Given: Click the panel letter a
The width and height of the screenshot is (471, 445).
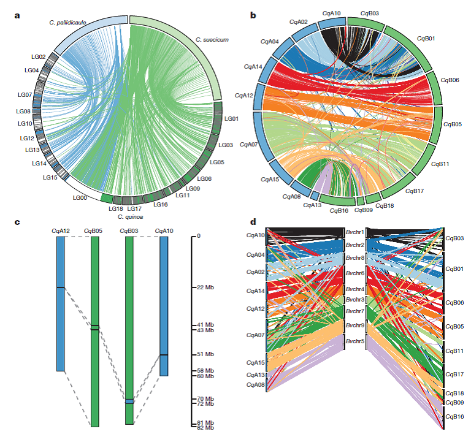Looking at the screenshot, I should click(17, 16).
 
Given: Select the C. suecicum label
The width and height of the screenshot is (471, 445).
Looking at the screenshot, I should click(212, 39).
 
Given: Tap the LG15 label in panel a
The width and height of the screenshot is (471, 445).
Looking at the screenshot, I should click(50, 177).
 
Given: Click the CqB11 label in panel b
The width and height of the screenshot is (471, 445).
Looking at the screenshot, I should click(440, 164).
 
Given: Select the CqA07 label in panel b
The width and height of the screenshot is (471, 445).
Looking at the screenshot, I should click(248, 145).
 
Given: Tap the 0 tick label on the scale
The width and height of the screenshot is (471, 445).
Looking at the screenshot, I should click(199, 236).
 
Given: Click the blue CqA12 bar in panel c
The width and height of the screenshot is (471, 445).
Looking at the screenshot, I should click(60, 303).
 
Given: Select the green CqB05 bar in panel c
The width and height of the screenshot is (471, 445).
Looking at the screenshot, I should click(94, 368).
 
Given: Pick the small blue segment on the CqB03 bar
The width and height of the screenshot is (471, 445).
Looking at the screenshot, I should click(129, 402).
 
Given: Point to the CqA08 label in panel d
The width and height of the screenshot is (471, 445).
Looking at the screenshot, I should click(255, 384).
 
